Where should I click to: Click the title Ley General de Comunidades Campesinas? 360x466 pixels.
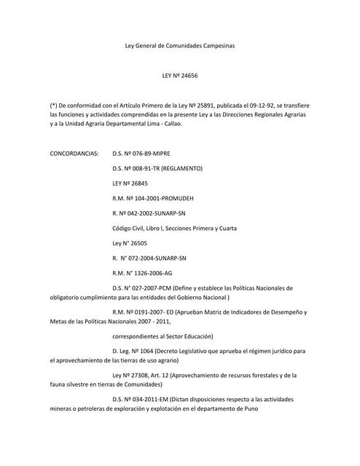pos(179,46)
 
